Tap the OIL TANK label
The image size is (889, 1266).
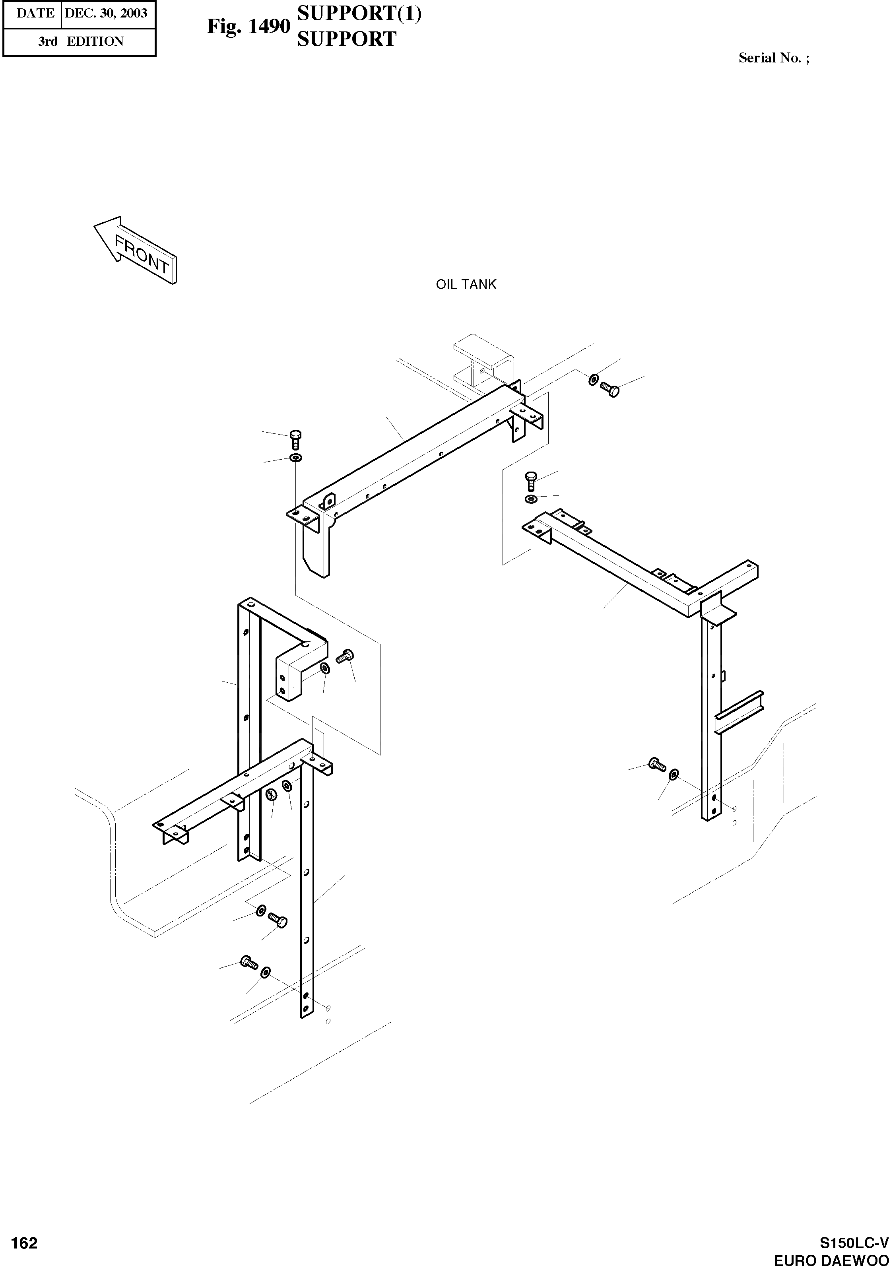click(x=466, y=285)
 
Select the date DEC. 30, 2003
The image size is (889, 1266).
click(x=106, y=13)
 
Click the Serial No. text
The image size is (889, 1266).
click(x=773, y=58)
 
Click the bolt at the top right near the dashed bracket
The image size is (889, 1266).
click(x=609, y=390)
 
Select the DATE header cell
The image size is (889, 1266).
click(x=35, y=13)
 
